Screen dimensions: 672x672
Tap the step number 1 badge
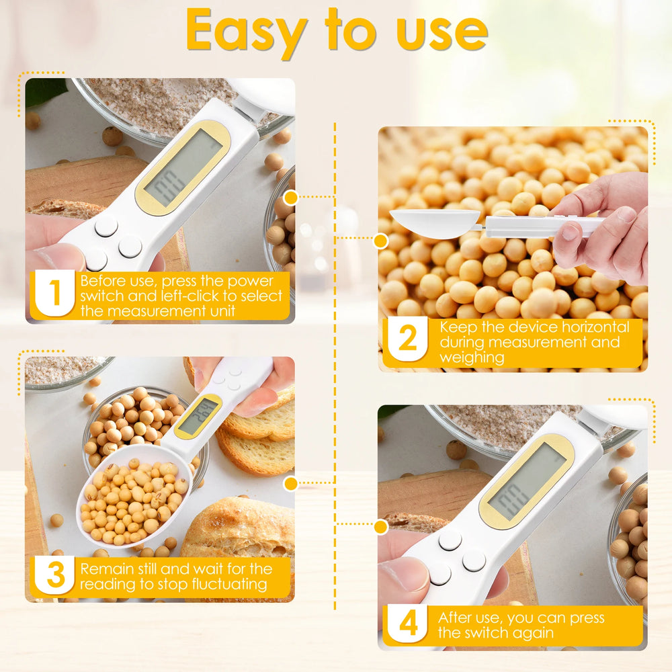pyautogui.click(x=54, y=294)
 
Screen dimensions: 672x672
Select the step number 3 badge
pyautogui.click(x=54, y=575)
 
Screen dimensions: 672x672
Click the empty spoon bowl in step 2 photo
pyautogui.click(x=433, y=223)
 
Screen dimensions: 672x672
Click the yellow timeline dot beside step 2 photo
pyautogui.click(x=380, y=241)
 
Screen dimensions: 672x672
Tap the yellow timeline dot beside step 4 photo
pyautogui.click(x=380, y=527)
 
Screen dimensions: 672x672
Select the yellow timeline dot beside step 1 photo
pyautogui.click(x=290, y=198)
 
